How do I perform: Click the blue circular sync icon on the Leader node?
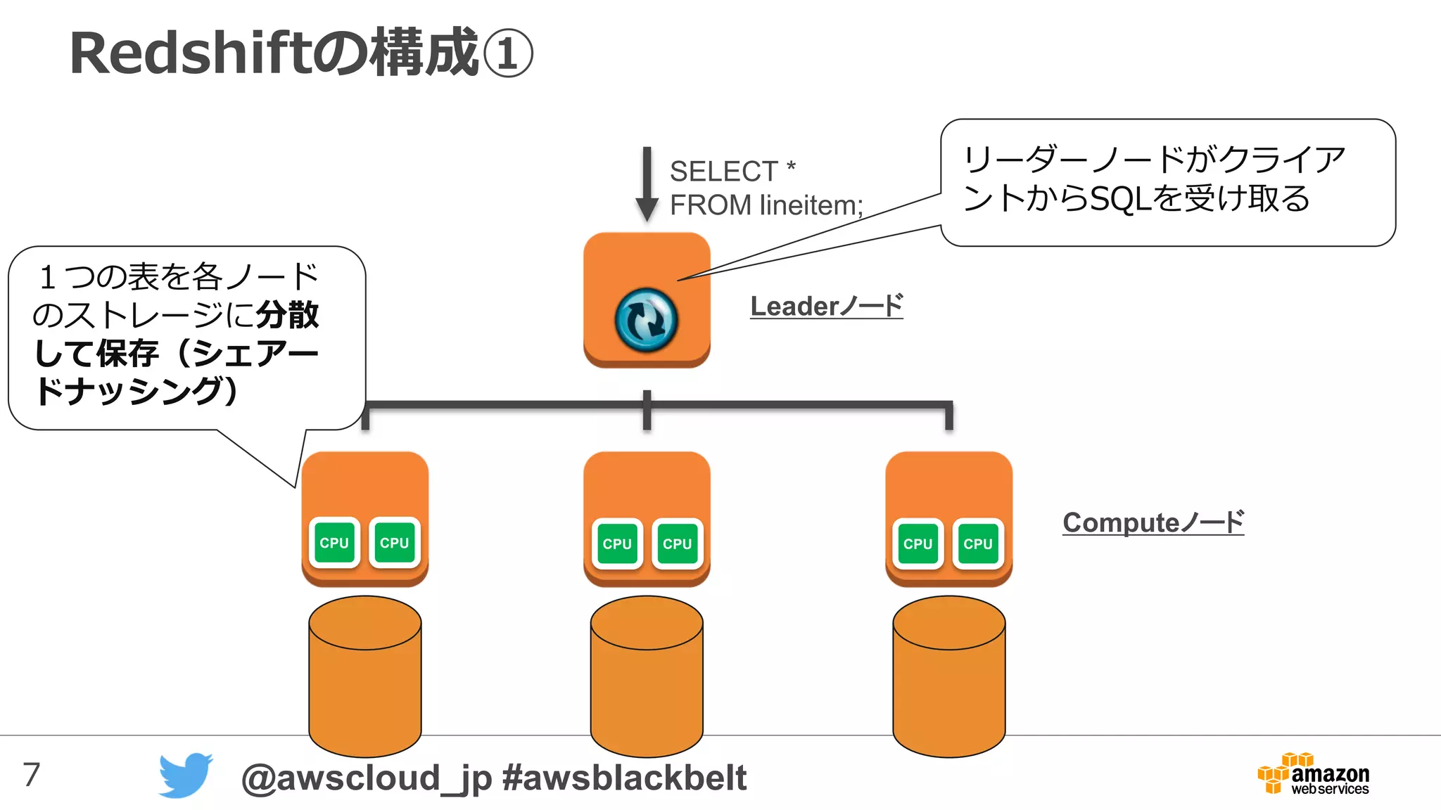coord(646,320)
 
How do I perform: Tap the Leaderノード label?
coord(826,307)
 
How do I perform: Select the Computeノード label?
coord(1153,522)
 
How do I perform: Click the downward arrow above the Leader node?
coord(647,185)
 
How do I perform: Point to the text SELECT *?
coord(732,171)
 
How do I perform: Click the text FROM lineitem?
coord(766,205)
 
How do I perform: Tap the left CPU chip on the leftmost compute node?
coord(334,543)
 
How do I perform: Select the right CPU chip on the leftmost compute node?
coord(394,543)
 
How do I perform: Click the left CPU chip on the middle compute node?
coord(617,544)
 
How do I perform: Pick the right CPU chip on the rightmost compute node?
coord(977,544)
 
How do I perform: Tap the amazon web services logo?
coord(1314,775)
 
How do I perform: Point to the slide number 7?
coord(32,775)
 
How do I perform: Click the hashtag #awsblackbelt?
coord(624,778)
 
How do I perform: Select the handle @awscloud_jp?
coord(366,778)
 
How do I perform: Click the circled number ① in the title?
coord(507,54)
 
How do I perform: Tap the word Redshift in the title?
coord(190,54)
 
